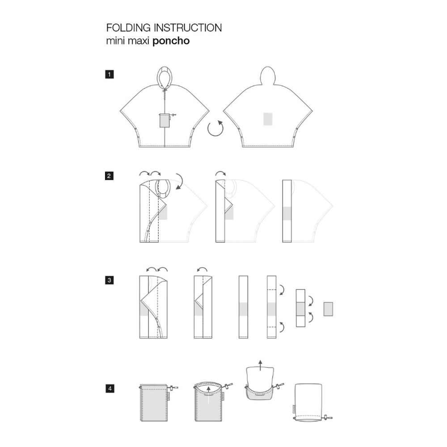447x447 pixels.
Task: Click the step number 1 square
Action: (109, 74)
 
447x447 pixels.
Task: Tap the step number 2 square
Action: (109, 176)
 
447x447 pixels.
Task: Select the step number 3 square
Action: (109, 280)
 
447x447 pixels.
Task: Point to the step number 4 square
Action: (110, 388)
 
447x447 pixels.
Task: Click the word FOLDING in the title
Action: (128, 28)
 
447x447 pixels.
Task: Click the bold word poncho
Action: (171, 41)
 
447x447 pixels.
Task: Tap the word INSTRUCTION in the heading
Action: (188, 28)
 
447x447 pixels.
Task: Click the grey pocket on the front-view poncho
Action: (164, 120)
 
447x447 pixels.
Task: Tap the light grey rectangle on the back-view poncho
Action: (268, 119)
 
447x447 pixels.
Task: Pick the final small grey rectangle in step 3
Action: (328, 309)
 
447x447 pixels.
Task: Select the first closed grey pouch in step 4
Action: (154, 403)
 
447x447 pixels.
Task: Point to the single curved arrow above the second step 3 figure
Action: (202, 269)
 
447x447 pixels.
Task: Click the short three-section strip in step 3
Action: (300, 308)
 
